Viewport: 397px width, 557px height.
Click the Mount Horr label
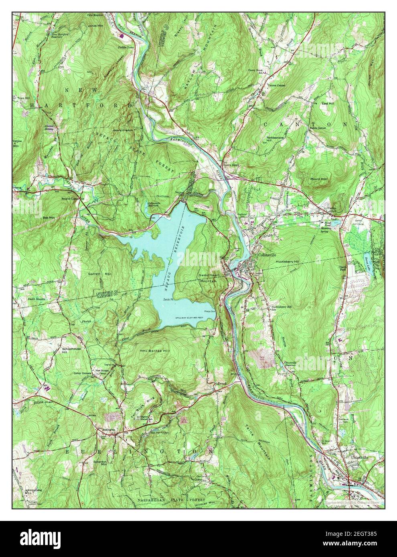click(320, 179)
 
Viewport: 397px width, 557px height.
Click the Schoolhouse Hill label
click(71, 351)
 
